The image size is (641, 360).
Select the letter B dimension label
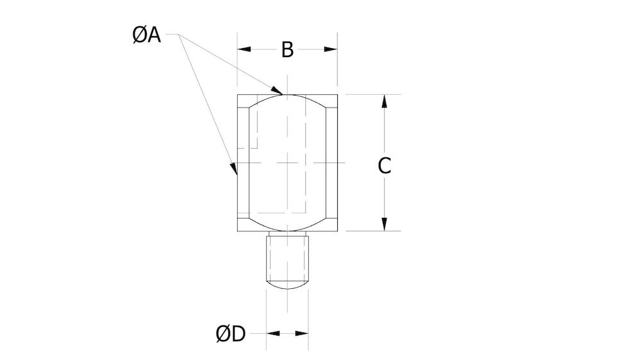point(287,49)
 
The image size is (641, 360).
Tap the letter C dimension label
point(383,166)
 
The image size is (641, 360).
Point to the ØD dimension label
point(231,334)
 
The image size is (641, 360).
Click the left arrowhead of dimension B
point(244,49)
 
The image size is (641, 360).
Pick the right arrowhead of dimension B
point(331,49)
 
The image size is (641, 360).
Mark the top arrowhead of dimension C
point(383,101)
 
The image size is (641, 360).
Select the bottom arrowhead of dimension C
point(383,224)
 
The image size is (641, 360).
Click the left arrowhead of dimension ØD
point(273,334)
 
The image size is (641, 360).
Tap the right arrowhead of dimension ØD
point(302,334)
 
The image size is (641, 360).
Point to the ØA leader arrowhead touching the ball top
point(278,90)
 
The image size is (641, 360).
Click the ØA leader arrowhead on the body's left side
point(235,169)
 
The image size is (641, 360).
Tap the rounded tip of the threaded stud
point(287,285)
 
